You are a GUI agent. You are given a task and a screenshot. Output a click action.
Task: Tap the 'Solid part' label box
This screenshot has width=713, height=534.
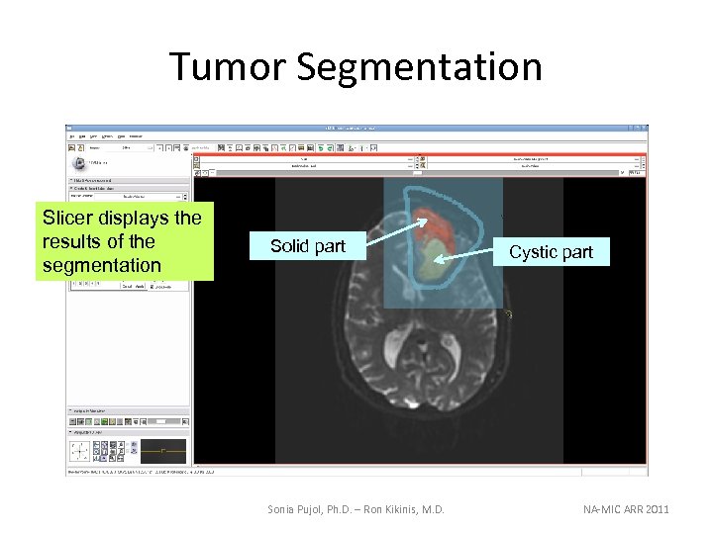(x=308, y=246)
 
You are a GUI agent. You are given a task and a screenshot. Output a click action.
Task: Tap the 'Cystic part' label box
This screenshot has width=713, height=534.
(x=551, y=252)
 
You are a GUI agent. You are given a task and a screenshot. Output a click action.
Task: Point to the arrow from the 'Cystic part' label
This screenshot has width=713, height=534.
(x=470, y=256)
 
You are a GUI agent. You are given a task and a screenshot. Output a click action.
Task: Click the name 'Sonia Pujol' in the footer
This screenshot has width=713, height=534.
(x=297, y=509)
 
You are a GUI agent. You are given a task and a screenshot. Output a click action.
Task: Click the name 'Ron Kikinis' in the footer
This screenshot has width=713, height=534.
(x=403, y=509)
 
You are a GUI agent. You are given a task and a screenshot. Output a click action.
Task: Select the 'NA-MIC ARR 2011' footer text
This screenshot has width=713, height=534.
(x=626, y=509)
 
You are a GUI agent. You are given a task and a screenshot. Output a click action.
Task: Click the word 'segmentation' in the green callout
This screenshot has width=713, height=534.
(x=102, y=265)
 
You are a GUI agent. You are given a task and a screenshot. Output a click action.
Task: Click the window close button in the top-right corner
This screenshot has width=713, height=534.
(x=644, y=128)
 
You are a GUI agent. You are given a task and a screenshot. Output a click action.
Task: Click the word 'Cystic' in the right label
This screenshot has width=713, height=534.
(x=531, y=252)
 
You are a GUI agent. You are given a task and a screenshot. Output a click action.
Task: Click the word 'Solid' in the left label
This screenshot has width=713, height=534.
(x=289, y=246)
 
